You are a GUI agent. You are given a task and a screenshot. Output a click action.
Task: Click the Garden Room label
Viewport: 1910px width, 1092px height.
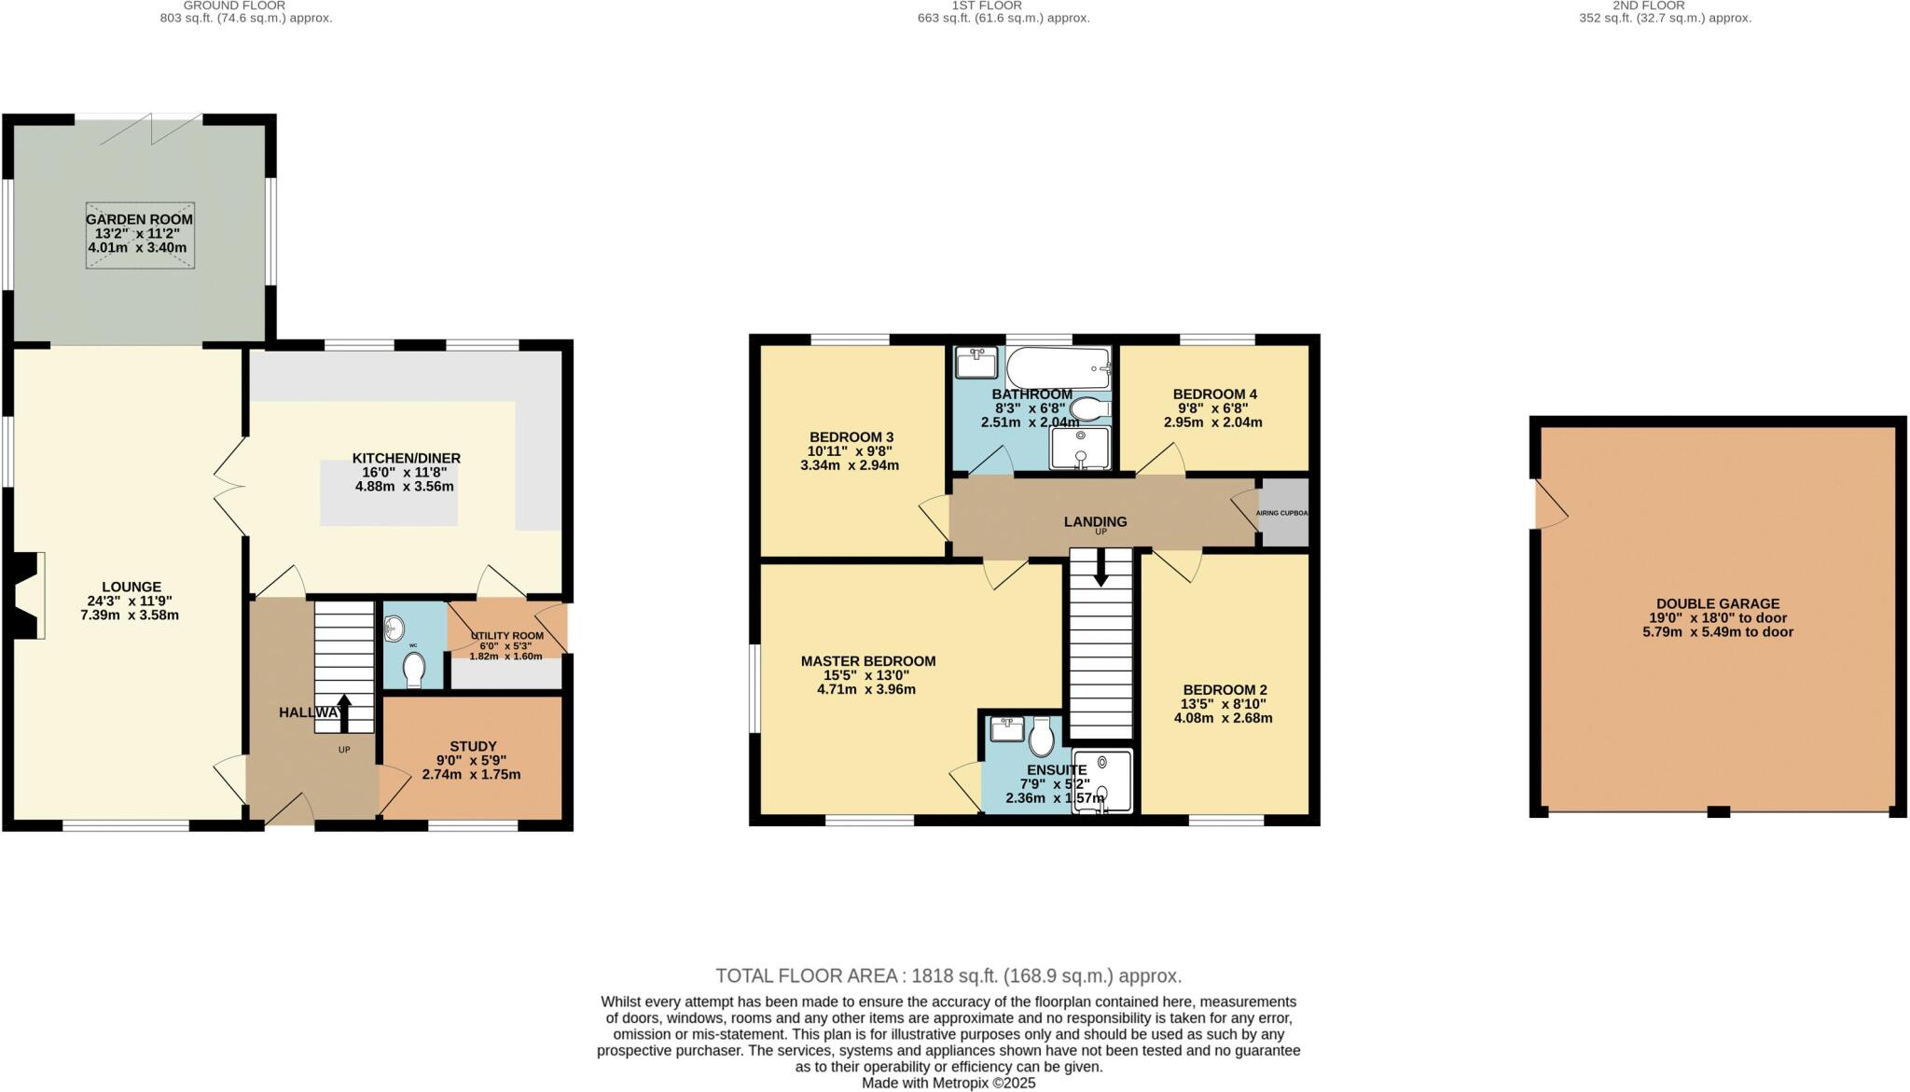point(139,219)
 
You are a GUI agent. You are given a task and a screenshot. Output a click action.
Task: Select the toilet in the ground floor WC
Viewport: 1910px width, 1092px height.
point(414,669)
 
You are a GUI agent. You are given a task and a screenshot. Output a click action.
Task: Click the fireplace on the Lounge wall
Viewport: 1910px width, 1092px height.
point(31,595)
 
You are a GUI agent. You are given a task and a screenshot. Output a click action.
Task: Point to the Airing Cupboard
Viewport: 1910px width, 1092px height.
point(1283,513)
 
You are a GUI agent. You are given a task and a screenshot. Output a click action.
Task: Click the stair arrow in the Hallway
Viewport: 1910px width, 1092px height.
point(343,712)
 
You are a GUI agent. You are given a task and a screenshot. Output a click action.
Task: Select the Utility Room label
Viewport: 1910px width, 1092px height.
point(507,635)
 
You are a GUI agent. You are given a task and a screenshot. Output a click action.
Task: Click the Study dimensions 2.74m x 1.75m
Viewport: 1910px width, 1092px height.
point(471,775)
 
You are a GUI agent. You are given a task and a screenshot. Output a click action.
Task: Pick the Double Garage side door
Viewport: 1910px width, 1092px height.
point(1550,505)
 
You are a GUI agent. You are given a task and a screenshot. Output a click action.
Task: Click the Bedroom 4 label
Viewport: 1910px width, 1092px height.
point(1209,394)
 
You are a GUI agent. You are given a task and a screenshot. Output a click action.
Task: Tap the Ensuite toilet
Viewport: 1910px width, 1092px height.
point(1041,739)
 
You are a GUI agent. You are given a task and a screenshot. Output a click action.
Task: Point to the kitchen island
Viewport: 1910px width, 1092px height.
point(389,492)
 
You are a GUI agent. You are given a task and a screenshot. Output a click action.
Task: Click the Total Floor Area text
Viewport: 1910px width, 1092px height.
point(948,976)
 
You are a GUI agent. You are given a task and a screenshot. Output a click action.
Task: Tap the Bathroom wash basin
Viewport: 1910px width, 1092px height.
point(976,362)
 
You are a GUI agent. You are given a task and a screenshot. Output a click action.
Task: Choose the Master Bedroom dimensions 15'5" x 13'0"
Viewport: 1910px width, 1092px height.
point(866,675)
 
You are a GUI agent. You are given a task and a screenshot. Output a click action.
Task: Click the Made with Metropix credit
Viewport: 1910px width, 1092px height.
point(948,1083)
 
